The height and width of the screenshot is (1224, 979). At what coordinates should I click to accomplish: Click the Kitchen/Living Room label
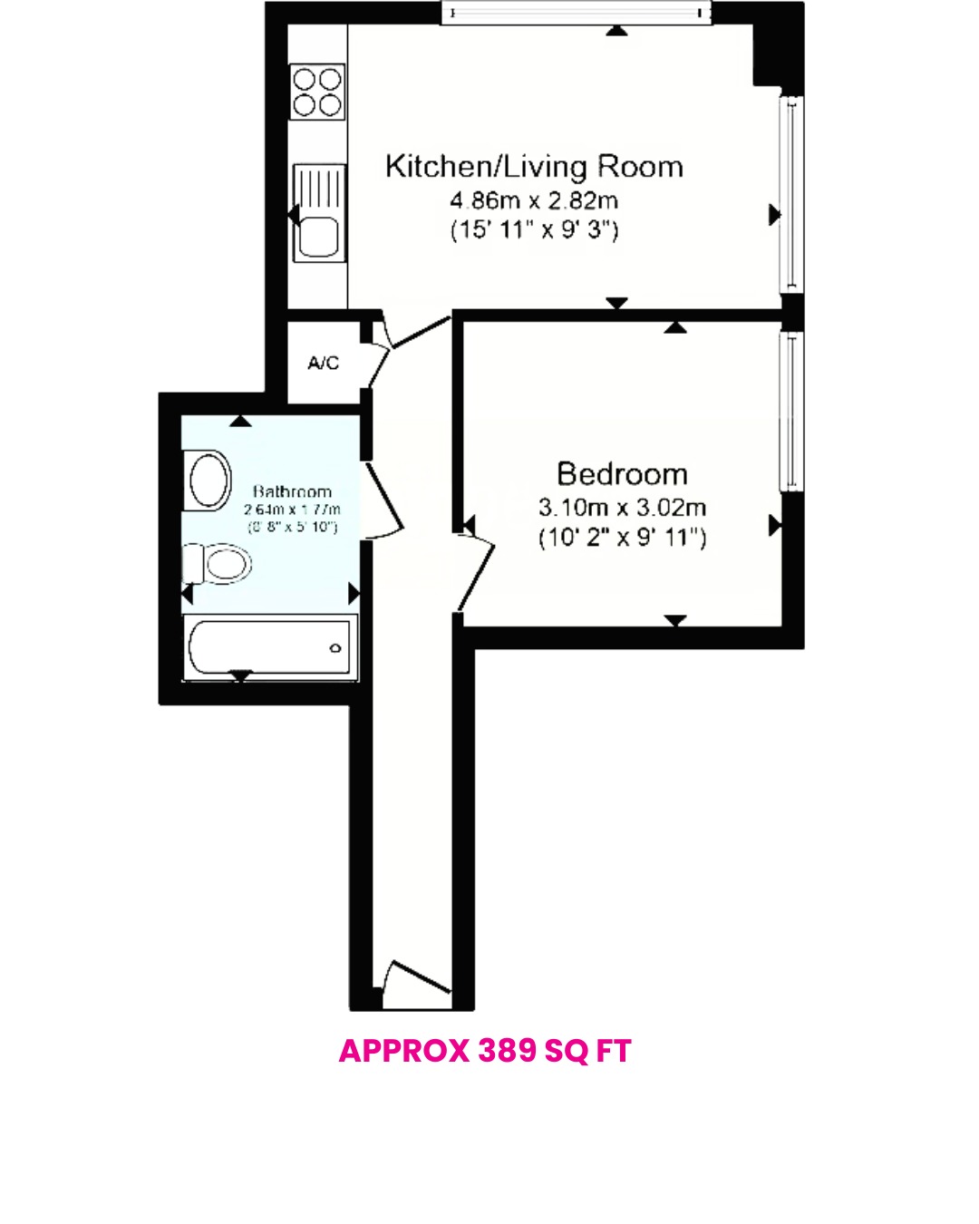pyautogui.click(x=534, y=167)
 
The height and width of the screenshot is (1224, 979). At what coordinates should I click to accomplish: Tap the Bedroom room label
pyautogui.click(x=622, y=474)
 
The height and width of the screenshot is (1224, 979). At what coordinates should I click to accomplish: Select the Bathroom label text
pyautogui.click(x=292, y=491)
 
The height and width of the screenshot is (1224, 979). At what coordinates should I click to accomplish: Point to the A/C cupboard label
pyautogui.click(x=323, y=363)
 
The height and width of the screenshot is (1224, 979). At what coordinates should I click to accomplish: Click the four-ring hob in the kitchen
pyautogui.click(x=317, y=92)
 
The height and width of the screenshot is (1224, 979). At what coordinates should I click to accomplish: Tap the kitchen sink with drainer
pyautogui.click(x=319, y=212)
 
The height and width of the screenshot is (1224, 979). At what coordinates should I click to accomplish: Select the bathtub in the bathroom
pyautogui.click(x=269, y=646)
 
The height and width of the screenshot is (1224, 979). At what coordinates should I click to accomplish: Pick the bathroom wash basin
pyautogui.click(x=208, y=481)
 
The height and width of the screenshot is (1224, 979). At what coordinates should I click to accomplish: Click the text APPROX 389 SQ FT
pyautogui.click(x=485, y=1051)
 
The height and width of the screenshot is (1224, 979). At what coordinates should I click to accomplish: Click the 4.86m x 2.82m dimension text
pyautogui.click(x=534, y=200)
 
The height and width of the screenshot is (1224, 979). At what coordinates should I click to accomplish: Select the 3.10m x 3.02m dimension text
pyautogui.click(x=622, y=508)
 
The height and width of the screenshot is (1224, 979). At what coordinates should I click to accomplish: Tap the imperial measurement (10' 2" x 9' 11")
pyautogui.click(x=622, y=538)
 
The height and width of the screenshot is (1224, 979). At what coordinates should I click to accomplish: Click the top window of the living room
pyautogui.click(x=576, y=13)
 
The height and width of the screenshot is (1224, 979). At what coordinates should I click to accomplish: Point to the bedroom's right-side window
pyautogui.click(x=791, y=410)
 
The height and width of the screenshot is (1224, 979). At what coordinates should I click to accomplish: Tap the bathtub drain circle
pyautogui.click(x=335, y=648)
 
